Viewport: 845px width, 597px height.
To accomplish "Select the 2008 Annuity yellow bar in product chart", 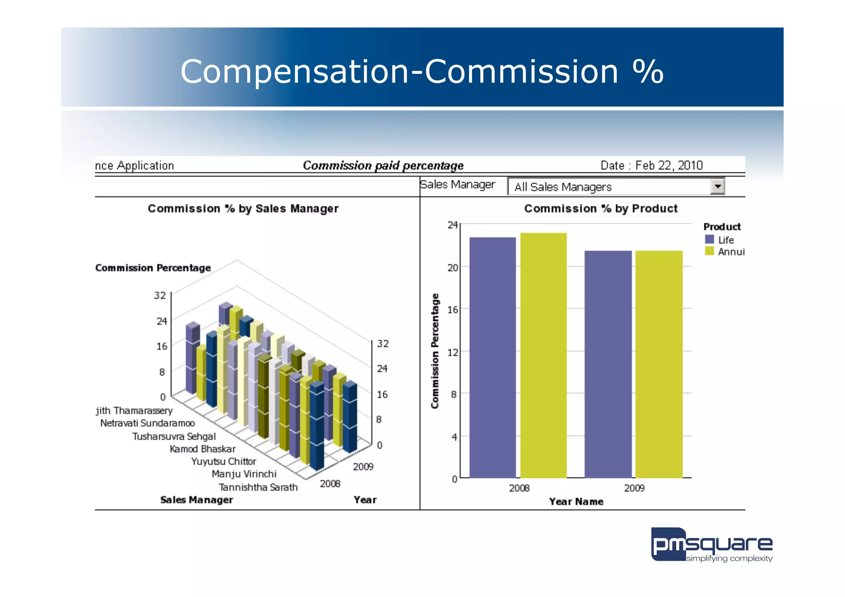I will click(543, 355).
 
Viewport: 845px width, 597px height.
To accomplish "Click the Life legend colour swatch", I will click(709, 239).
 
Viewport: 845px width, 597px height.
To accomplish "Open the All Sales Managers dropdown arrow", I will click(718, 186).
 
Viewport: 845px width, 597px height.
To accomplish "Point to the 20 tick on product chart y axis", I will click(453, 267).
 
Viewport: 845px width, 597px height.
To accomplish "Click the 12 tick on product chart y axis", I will click(453, 352).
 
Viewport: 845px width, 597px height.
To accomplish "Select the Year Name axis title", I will click(576, 502).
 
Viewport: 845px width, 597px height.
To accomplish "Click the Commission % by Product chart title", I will click(601, 208).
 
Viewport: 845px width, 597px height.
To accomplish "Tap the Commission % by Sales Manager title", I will click(243, 208).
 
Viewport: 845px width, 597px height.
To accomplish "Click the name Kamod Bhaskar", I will click(203, 449).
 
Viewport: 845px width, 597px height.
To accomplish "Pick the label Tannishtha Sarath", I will click(258, 487).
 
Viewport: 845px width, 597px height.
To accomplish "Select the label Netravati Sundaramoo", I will click(147, 423).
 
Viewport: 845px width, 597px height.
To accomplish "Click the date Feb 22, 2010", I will click(668, 165).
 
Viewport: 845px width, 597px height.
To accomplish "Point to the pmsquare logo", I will click(711, 545).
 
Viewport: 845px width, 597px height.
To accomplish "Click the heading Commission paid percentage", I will click(383, 165).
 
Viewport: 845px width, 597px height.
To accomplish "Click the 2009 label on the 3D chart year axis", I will click(363, 467).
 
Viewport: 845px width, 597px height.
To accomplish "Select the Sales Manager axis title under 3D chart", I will click(196, 500).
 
